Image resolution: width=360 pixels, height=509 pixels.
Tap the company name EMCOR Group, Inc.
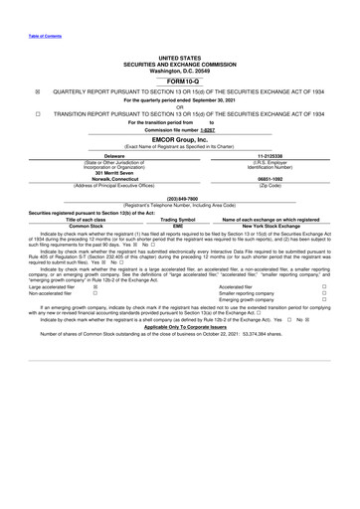pyautogui.click(x=179, y=139)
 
